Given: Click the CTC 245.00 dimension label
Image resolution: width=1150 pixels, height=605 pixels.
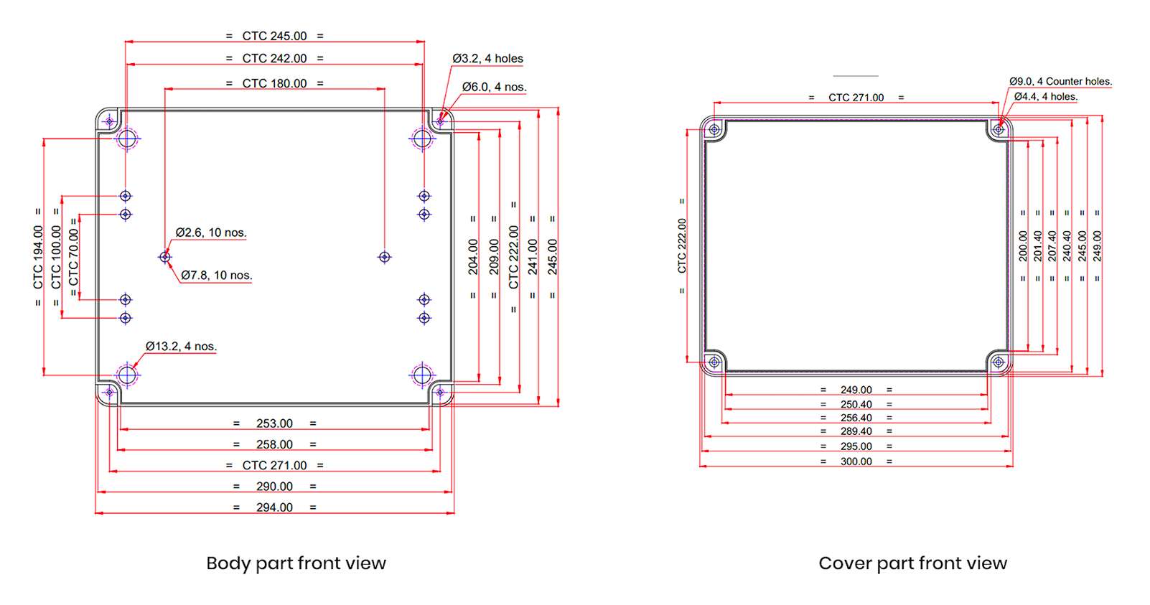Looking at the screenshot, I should pos(274,36).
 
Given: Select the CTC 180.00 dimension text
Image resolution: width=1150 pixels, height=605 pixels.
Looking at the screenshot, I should pos(274,83).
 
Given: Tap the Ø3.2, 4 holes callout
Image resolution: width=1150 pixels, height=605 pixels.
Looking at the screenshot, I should pos(487,59).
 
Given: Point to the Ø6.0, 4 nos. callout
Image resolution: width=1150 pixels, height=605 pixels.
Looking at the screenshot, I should pos(494,87).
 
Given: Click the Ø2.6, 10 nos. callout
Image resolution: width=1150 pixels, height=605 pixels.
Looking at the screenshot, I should pos(211,233).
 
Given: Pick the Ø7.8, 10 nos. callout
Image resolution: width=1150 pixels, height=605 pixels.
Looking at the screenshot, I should pos(217,275).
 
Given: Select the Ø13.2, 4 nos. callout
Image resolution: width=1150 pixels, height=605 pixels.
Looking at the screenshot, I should pos(181,346).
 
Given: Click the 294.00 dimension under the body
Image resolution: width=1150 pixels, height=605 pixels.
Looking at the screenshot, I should pos(274,507).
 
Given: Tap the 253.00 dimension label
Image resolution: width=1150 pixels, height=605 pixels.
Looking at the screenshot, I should pos(274,423).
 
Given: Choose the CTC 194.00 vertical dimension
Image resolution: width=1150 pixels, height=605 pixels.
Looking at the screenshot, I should pos(38,257).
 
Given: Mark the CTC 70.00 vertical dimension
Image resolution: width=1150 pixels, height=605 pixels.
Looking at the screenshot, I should pos(73,257).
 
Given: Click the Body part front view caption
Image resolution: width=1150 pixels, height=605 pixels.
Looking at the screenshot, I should pos(296,563).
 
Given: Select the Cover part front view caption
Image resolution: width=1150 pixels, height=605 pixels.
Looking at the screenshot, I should pos(912,563).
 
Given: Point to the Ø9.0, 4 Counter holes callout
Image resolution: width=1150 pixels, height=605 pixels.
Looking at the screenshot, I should pos(1060,81).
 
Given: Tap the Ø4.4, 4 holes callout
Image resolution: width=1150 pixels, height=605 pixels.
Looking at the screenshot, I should pos(1046,96).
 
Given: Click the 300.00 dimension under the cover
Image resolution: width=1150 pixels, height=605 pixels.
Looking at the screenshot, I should pos(856,461).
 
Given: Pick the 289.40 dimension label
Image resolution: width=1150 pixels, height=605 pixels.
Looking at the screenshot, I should pos(856,431).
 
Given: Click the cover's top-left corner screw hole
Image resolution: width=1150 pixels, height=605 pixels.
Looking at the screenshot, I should pos(714,130).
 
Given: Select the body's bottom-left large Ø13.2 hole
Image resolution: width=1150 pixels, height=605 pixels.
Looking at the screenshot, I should pos(127,375).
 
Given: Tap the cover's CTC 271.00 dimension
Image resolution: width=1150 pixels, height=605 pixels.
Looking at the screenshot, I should pos(856,98).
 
